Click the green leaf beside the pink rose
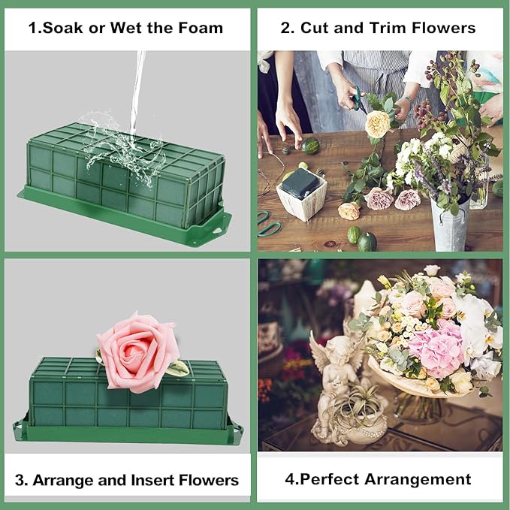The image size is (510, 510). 177,368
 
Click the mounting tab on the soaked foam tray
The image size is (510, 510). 219,223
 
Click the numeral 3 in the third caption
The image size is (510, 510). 20,480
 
